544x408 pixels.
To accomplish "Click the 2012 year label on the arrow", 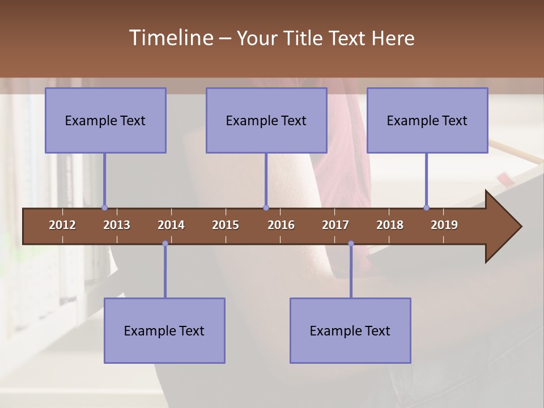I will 62,225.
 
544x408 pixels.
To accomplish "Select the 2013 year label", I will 117,225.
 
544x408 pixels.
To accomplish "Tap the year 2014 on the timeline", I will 171,225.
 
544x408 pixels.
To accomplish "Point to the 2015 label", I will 226,225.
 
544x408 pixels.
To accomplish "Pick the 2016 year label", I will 281,225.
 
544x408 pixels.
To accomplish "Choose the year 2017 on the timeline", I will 335,225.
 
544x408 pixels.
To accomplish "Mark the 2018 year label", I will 390,225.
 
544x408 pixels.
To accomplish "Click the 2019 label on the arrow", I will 444,225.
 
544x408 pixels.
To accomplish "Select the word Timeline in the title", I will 170,38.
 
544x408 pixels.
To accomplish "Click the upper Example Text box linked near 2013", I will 105,120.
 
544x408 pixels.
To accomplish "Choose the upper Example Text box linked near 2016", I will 266,120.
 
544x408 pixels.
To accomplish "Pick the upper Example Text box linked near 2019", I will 427,120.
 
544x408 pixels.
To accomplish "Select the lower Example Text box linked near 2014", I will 164,330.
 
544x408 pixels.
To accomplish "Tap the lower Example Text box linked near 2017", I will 350,330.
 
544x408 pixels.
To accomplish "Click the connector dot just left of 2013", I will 104,207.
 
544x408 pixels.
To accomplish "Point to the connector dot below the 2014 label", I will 165,244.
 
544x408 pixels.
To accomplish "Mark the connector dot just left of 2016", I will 266,207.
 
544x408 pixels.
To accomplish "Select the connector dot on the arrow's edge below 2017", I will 351,244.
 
